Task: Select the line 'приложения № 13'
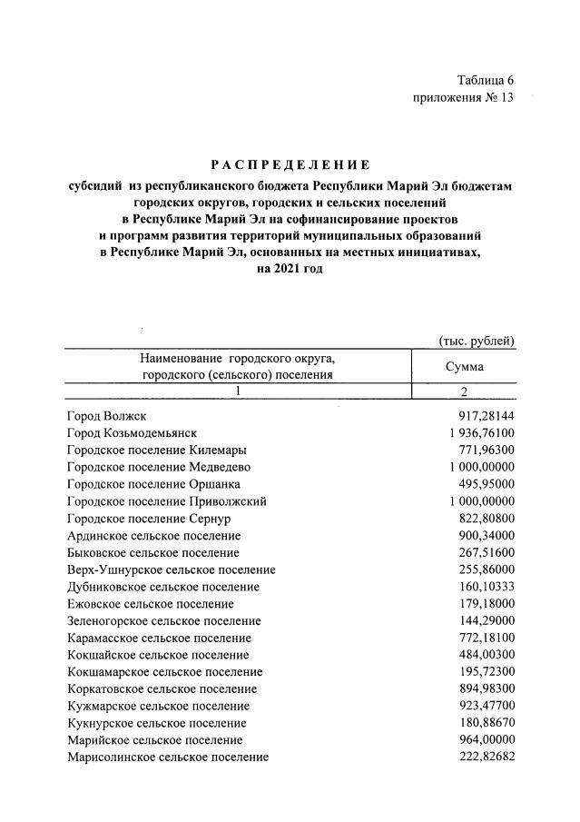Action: click(x=463, y=98)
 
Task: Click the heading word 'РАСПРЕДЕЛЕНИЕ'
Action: click(x=290, y=164)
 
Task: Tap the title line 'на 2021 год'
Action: click(x=290, y=270)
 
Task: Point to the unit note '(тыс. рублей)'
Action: click(x=477, y=341)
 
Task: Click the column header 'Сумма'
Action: click(x=464, y=367)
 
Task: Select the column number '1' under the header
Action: click(x=237, y=391)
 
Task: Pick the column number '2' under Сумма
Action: click(x=464, y=391)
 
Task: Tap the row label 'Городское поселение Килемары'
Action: click(x=156, y=450)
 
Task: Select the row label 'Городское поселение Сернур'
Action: click(x=151, y=518)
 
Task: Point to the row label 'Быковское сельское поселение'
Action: click(x=153, y=552)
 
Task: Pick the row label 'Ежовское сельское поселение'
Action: click(x=150, y=604)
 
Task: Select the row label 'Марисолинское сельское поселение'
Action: click(x=168, y=758)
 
